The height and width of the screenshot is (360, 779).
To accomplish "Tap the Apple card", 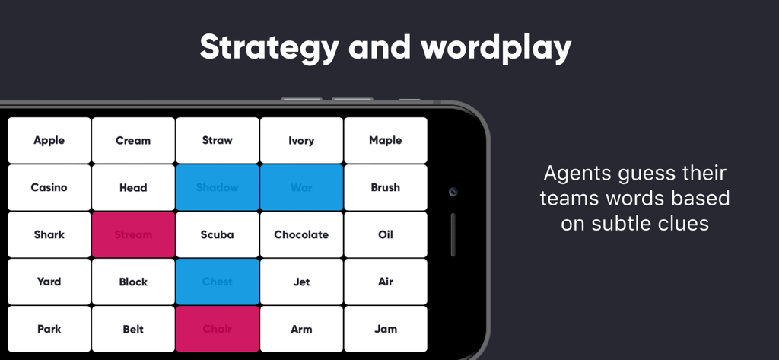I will pyautogui.click(x=49, y=140).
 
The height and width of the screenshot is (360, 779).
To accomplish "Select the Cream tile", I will pyautogui.click(x=133, y=140).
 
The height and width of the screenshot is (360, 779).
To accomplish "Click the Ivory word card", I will pyautogui.click(x=301, y=140).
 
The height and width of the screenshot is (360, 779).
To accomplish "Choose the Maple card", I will pyautogui.click(x=386, y=140).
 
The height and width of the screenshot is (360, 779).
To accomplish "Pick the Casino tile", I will pyautogui.click(x=49, y=187).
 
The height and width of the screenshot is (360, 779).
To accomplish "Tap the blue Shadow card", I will pyautogui.click(x=218, y=187).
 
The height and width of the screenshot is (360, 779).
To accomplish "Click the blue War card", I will pyautogui.click(x=301, y=187).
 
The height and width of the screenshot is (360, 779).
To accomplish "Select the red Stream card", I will pyautogui.click(x=133, y=234).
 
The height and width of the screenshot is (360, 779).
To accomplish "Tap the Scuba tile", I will pyautogui.click(x=218, y=234).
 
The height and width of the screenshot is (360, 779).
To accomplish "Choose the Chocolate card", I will pyautogui.click(x=301, y=234).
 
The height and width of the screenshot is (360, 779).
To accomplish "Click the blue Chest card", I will pyautogui.click(x=218, y=282).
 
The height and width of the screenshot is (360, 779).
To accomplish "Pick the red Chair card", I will pyautogui.click(x=218, y=329).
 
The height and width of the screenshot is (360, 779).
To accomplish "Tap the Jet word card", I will pyautogui.click(x=301, y=282).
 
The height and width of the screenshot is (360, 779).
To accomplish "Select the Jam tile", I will pyautogui.click(x=386, y=329).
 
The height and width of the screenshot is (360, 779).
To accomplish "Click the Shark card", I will pyautogui.click(x=49, y=234).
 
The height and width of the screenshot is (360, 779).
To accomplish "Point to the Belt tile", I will pyautogui.click(x=133, y=329).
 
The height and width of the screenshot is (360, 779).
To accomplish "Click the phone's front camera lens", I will pyautogui.click(x=453, y=192).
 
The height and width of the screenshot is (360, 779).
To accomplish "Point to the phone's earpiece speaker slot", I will pyautogui.click(x=453, y=234).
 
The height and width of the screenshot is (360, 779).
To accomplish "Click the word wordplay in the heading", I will pyautogui.click(x=497, y=48).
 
